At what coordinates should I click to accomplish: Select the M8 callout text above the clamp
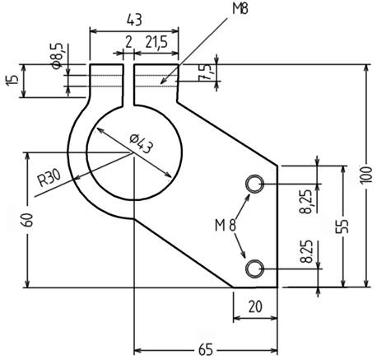[x=240, y=9]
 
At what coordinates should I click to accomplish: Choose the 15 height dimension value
[x=11, y=81]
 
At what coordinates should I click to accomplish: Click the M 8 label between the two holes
[x=226, y=224]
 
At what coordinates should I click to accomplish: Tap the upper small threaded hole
[x=255, y=183]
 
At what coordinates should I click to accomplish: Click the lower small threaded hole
[x=255, y=267]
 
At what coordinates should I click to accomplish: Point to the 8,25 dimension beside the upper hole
[x=307, y=199]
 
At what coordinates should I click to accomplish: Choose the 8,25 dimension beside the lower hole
[x=307, y=252]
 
